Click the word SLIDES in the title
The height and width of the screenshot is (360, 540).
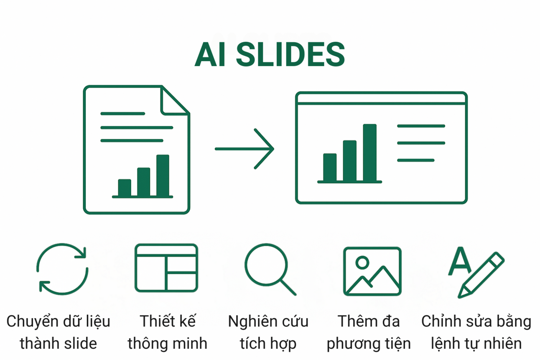pos(290,55)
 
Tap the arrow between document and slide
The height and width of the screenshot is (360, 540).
pos(245,149)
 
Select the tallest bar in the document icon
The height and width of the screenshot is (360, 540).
pos(163,176)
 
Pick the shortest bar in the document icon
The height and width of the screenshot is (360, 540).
pos(125,188)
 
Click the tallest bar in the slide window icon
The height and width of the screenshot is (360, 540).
pos(369,153)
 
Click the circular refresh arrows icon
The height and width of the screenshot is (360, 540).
pos(62,269)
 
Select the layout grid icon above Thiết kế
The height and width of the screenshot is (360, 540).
pos(166,268)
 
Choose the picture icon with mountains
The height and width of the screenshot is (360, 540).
pos(372,271)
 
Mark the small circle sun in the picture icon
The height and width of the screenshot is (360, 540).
pos(362,263)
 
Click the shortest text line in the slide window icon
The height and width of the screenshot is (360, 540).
pos(415,160)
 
